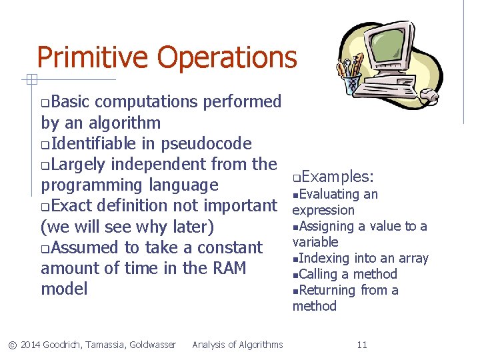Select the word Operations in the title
pos(227,57)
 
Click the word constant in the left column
pos(227,247)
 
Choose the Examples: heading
pos(337,177)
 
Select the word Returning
pos(329,290)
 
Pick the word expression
pos(323,210)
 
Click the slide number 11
pos(362,345)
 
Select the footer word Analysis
pos(210,345)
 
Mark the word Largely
pos(79,164)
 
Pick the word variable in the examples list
pos(315,242)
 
